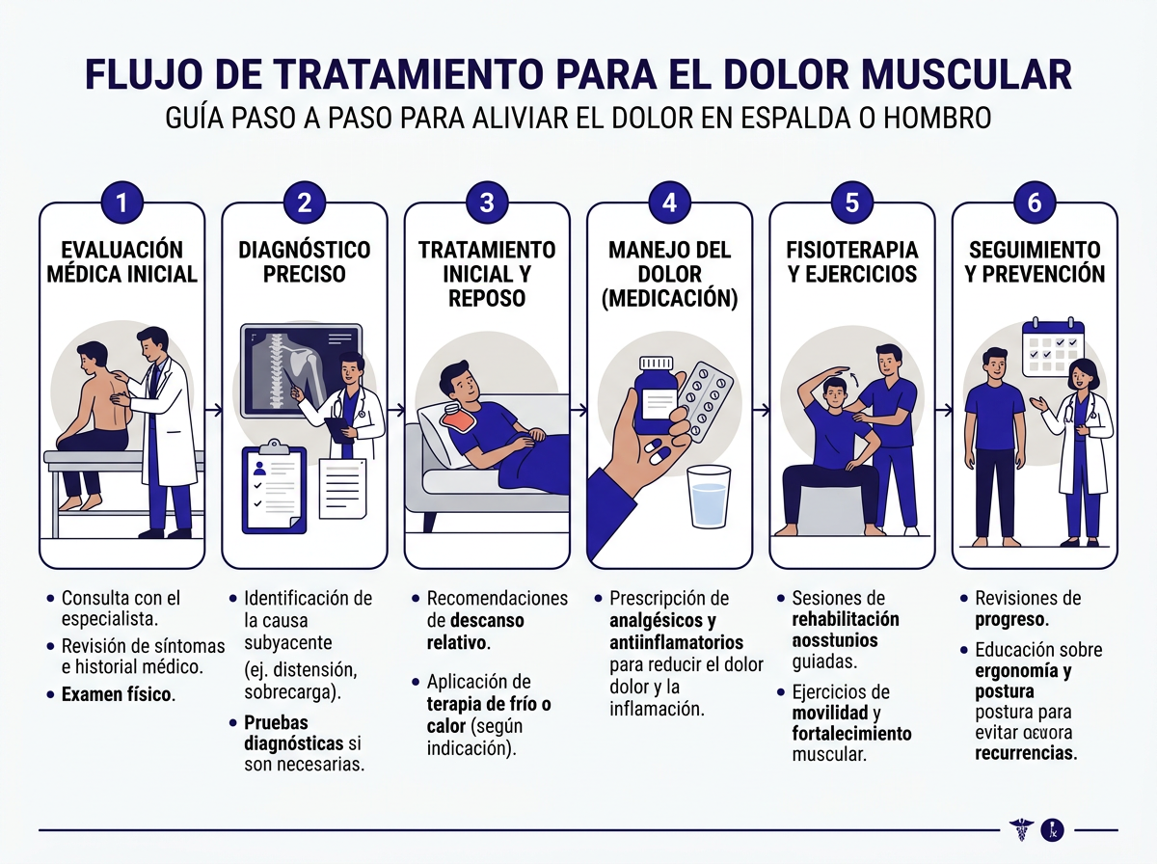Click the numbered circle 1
point(122,202)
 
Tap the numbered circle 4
point(670,202)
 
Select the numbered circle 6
point(1035,202)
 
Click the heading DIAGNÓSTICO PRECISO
point(305,262)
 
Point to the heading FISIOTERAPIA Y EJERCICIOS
point(851,262)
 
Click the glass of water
point(710,496)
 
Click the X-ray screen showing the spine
point(302,368)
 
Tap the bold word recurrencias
point(1024,752)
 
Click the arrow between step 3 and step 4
point(578,410)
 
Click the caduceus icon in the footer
point(1019,829)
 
